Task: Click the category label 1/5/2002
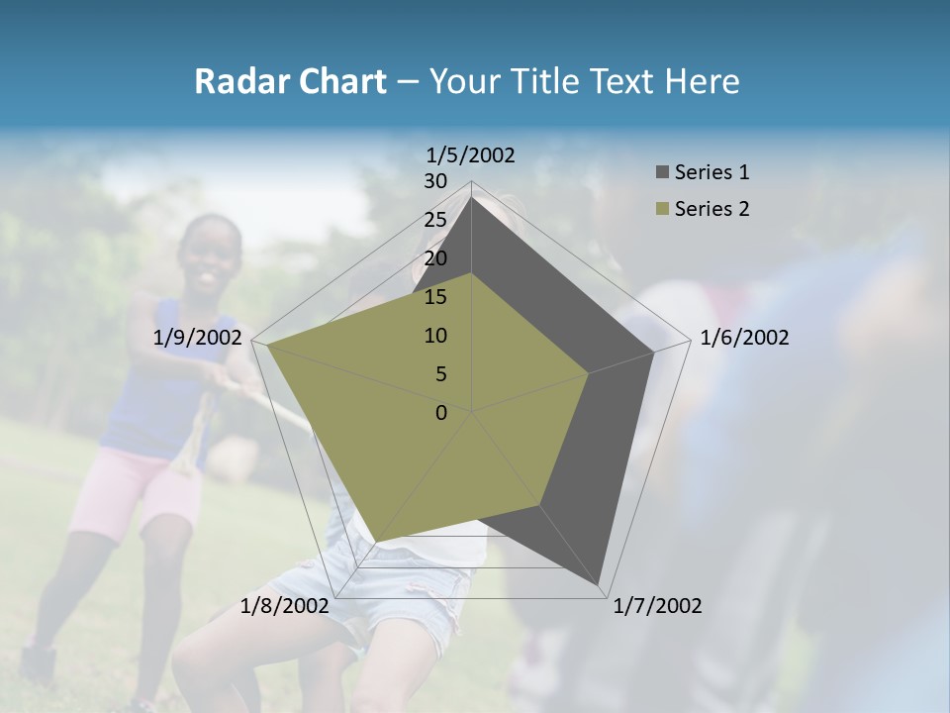coord(471,154)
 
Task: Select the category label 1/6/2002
coord(744,338)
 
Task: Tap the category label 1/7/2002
coord(657,606)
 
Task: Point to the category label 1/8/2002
coord(285,606)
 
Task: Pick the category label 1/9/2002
coord(198,338)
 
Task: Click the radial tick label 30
coord(435,181)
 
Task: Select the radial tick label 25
coord(435,220)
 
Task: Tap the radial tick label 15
coord(435,297)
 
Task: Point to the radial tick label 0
coord(441,413)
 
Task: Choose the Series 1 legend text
coord(712,172)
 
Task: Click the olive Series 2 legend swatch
coord(662,209)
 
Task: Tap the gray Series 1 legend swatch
coord(662,172)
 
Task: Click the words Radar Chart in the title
coord(290,81)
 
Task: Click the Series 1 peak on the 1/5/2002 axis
coord(472,197)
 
